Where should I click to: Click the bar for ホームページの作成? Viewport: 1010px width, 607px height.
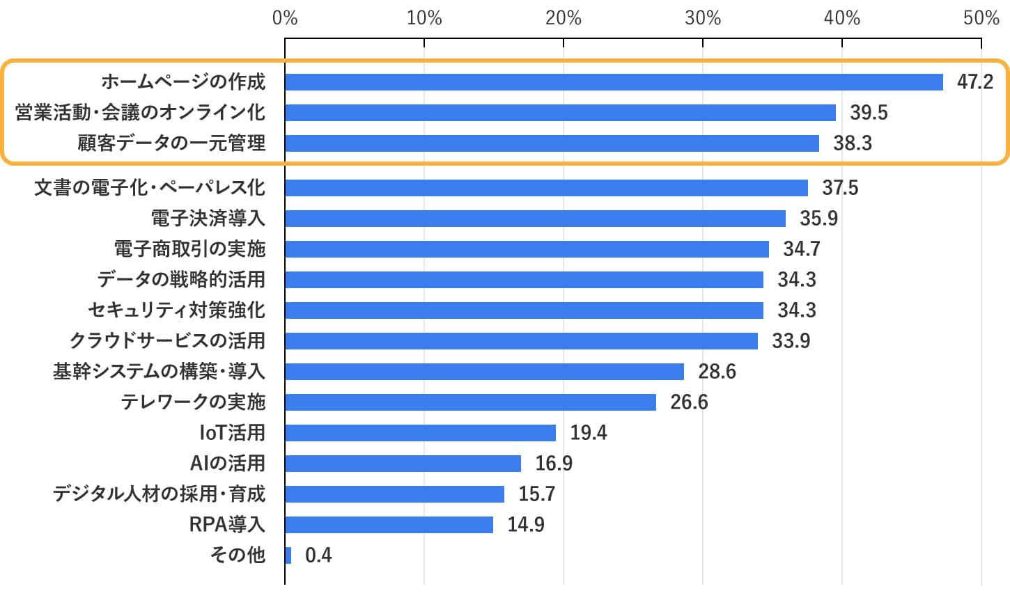tap(613, 82)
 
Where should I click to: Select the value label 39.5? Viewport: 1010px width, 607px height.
tap(869, 113)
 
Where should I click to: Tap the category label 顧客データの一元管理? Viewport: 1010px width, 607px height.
tap(171, 143)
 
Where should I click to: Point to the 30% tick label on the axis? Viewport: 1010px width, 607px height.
tap(702, 18)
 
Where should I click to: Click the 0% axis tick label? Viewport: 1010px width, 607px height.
tap(285, 18)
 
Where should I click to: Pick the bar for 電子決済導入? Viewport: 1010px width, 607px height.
tap(535, 219)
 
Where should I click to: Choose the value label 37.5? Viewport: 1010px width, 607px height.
tap(840, 188)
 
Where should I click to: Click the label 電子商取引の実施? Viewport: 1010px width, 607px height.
tap(189, 249)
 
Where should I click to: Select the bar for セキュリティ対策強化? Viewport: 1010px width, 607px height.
tap(524, 310)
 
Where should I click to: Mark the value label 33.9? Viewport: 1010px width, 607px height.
tap(791, 341)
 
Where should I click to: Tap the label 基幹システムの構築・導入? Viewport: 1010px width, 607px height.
tap(159, 372)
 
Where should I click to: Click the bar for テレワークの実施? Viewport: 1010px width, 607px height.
tap(470, 402)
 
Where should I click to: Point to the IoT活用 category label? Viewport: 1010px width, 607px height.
tap(232, 433)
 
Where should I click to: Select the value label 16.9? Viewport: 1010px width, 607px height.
tap(554, 464)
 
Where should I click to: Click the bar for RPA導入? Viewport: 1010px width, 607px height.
tap(389, 525)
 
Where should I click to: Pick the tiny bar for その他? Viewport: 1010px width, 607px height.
tap(288, 555)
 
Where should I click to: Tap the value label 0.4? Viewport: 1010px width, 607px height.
tap(318, 555)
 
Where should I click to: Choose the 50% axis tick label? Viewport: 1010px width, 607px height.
tap(981, 18)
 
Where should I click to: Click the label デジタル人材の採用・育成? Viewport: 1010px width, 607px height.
tap(159, 494)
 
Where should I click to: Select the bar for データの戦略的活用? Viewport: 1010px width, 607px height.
tap(524, 280)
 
